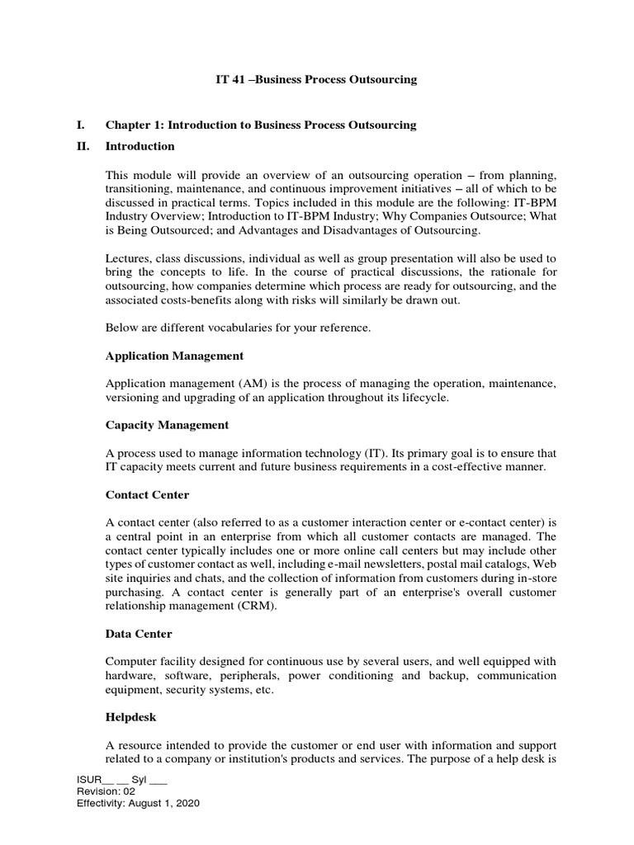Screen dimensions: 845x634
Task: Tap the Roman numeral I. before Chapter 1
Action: pos(80,125)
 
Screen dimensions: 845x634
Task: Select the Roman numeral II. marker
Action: pos(82,146)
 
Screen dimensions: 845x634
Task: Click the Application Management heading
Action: pos(174,356)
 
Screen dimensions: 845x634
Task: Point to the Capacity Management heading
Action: pos(167,425)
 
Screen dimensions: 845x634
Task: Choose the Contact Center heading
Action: pos(147,495)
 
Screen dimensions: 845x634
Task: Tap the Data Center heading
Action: pos(139,634)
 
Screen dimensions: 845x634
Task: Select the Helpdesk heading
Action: pos(130,718)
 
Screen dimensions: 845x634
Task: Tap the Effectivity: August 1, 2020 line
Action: pos(138,803)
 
